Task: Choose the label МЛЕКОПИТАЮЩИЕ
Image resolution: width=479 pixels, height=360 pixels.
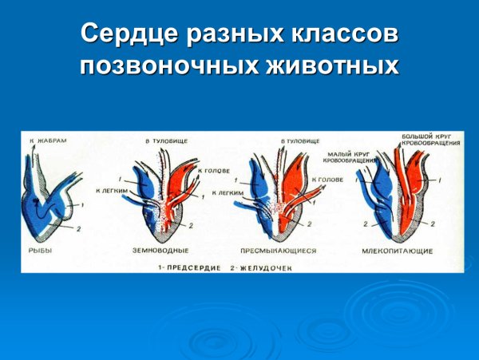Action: point(402,251)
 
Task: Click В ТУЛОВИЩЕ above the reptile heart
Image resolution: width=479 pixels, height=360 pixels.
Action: point(299,140)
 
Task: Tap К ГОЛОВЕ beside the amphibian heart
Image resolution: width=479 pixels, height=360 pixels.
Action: point(213,170)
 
